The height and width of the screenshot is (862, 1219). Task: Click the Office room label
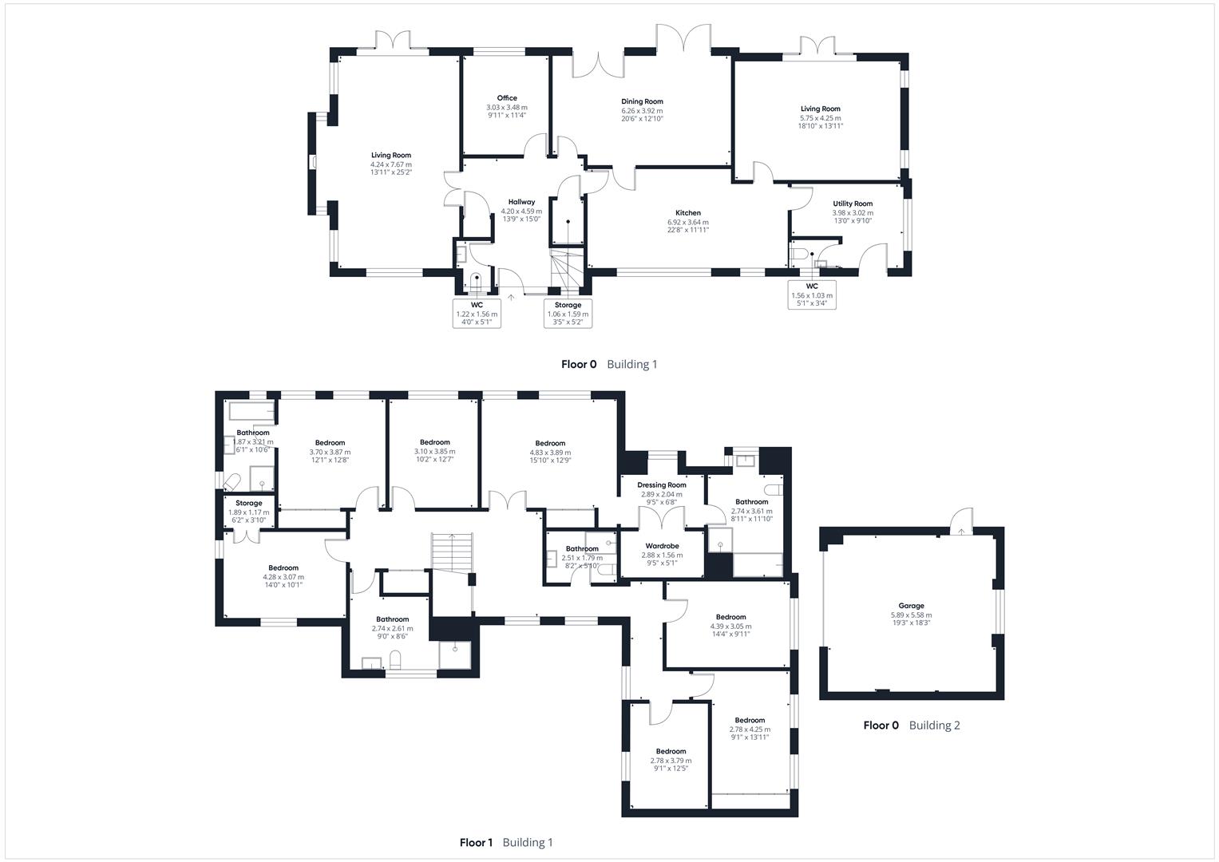tap(507, 98)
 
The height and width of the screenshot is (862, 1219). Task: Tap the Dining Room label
tap(642, 101)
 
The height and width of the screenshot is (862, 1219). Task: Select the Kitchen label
tap(687, 213)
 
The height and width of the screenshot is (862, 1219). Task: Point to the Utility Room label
tap(853, 204)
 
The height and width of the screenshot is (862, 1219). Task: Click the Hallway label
tap(521, 202)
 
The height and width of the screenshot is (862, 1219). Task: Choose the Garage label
tap(911, 606)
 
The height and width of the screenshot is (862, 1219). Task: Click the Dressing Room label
tap(662, 485)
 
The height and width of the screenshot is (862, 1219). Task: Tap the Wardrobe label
tap(662, 546)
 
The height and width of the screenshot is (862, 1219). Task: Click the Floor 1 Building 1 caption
tap(506, 842)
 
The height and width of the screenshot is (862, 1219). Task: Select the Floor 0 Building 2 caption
tap(912, 726)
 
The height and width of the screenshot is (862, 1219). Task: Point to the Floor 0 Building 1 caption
tap(609, 364)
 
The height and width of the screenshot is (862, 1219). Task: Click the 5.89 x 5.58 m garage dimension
tap(911, 615)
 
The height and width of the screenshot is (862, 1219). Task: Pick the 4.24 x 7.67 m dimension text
tap(390, 164)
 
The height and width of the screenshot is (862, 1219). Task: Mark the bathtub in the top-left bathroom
tap(251, 412)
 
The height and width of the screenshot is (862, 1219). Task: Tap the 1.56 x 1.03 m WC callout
tap(812, 295)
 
